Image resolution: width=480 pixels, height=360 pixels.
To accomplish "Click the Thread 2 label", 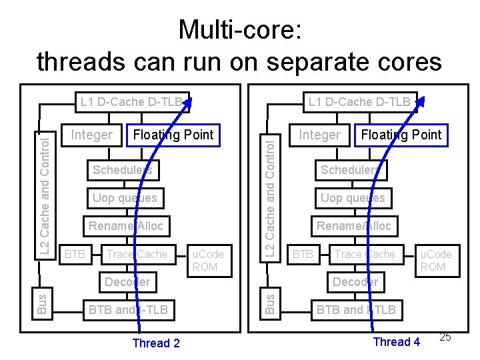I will [155, 343].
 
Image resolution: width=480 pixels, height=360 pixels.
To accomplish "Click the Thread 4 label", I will [397, 342].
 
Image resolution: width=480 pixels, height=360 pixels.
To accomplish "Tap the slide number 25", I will [445, 337].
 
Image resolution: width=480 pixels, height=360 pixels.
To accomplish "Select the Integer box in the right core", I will [319, 135].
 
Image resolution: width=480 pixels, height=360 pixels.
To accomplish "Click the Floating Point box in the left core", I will [173, 135].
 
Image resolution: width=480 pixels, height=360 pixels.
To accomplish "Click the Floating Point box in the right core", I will [401, 135].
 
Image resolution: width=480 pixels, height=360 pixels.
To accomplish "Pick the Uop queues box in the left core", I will [125, 198].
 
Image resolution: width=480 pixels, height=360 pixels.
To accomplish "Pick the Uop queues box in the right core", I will [353, 198].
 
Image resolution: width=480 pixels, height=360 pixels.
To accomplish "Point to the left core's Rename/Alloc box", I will [126, 226].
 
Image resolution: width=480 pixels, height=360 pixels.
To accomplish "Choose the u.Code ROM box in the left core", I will [208, 260].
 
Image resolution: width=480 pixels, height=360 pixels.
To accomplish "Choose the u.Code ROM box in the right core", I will [435, 260].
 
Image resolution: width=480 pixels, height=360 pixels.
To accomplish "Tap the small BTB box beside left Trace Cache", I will [75, 254].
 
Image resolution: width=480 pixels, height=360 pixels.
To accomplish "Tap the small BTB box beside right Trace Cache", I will [303, 254].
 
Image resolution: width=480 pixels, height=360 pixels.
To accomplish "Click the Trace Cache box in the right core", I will [365, 254].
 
